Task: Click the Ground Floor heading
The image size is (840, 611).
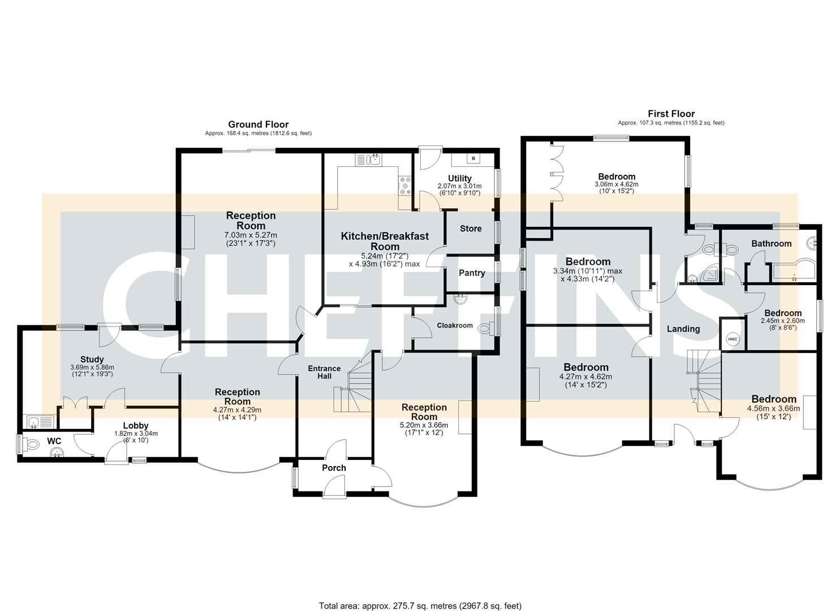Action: tap(259, 124)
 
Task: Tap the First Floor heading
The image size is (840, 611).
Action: tap(671, 114)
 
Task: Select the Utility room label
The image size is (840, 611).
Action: tap(460, 178)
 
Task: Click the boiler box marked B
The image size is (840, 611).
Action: tap(473, 158)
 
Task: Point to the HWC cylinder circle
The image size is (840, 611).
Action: tap(733, 339)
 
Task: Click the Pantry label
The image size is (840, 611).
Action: tap(472, 273)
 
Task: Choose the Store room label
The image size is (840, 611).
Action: tap(471, 229)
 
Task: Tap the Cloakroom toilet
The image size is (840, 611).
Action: tap(485, 329)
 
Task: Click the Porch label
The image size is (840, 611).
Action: tap(334, 468)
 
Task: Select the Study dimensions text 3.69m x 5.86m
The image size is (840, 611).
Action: tap(92, 367)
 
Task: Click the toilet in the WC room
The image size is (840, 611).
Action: tap(32, 445)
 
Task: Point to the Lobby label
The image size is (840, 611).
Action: tap(136, 425)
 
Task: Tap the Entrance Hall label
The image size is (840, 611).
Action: tap(324, 372)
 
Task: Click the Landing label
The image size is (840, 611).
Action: tap(683, 329)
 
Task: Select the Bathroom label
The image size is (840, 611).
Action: tap(772, 243)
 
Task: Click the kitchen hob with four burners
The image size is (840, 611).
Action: tap(405, 186)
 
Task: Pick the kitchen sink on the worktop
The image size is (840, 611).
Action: tap(373, 160)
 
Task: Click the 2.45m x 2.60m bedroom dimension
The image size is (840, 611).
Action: tap(783, 321)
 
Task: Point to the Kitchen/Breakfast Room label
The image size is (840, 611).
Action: tap(385, 241)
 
